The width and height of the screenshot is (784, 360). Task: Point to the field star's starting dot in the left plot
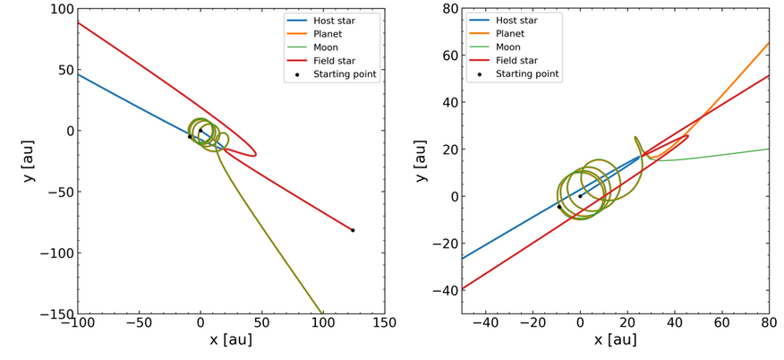tap(353, 230)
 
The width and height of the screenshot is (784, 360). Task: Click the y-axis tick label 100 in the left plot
tap(61, 8)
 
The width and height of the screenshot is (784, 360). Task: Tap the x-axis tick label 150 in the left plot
tap(384, 323)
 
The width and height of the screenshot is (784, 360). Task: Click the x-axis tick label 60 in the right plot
tap(721, 323)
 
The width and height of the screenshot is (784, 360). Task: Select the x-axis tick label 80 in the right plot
tap(769, 323)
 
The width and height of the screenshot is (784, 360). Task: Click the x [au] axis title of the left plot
tap(231, 340)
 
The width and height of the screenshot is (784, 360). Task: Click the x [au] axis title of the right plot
tap(615, 340)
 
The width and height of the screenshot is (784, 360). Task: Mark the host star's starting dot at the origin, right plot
tap(580, 196)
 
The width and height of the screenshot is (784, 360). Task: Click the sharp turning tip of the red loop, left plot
tap(256, 155)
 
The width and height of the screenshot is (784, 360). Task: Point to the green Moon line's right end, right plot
tap(769, 149)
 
